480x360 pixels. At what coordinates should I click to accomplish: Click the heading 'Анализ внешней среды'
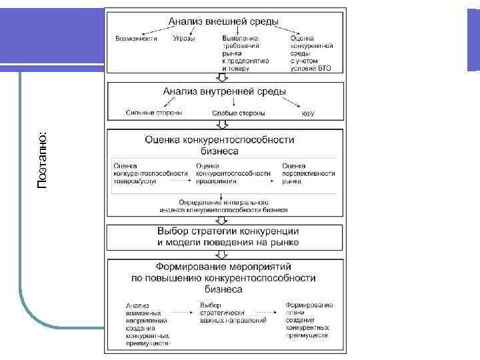223,21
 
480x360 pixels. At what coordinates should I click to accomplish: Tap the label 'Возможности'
136,39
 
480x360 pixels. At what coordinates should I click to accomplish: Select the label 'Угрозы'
184,39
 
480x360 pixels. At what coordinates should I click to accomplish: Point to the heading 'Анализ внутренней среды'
225,91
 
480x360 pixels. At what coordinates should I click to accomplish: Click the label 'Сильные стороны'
154,113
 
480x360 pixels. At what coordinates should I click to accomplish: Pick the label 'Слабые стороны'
238,113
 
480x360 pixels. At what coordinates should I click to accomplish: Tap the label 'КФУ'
308,114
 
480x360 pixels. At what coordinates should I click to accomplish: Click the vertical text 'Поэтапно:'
42,159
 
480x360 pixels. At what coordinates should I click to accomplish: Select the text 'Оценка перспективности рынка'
308,173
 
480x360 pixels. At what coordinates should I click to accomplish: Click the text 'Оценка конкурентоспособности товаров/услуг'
150,173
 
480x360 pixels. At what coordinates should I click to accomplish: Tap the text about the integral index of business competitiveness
223,205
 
